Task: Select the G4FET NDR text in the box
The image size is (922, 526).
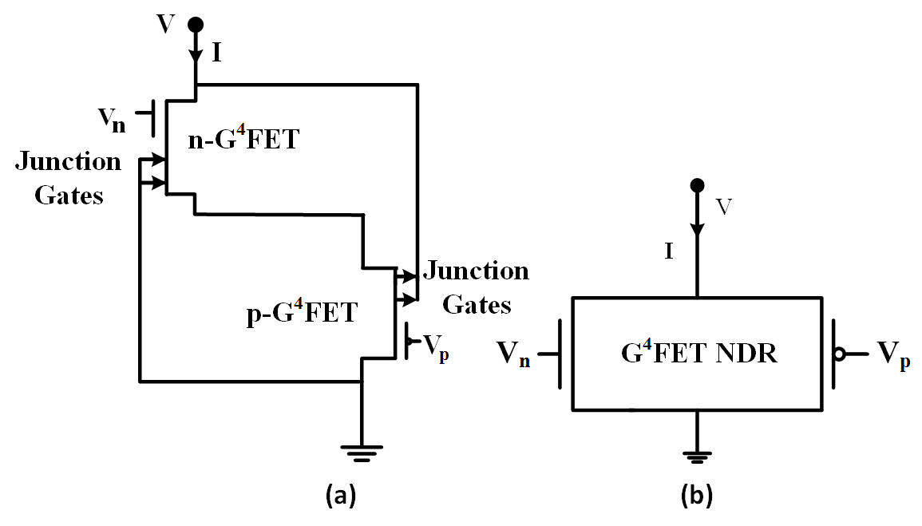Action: (x=698, y=353)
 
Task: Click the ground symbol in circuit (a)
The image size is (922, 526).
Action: (x=362, y=453)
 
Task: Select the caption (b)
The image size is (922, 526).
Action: (x=696, y=496)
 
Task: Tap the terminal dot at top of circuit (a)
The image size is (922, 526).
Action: (x=195, y=25)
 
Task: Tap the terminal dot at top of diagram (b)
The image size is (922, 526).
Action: (x=698, y=185)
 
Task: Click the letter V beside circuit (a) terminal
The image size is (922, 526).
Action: (x=165, y=24)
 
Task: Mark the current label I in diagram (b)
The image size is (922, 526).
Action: (x=669, y=252)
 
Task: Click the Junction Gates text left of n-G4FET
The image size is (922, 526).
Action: (x=69, y=178)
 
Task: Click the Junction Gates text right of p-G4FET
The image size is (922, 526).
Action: (x=476, y=287)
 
